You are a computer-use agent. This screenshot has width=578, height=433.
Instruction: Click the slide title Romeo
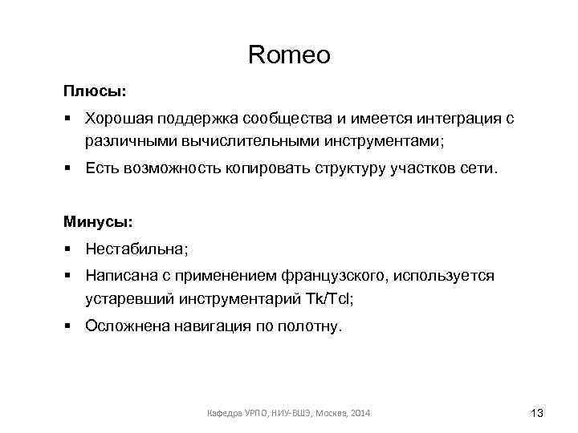pyautogui.click(x=289, y=55)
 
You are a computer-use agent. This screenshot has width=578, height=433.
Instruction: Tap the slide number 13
pyautogui.click(x=537, y=413)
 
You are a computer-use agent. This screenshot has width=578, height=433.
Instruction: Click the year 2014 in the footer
pyautogui.click(x=360, y=413)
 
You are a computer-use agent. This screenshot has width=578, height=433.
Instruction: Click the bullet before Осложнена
pyautogui.click(x=70, y=326)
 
